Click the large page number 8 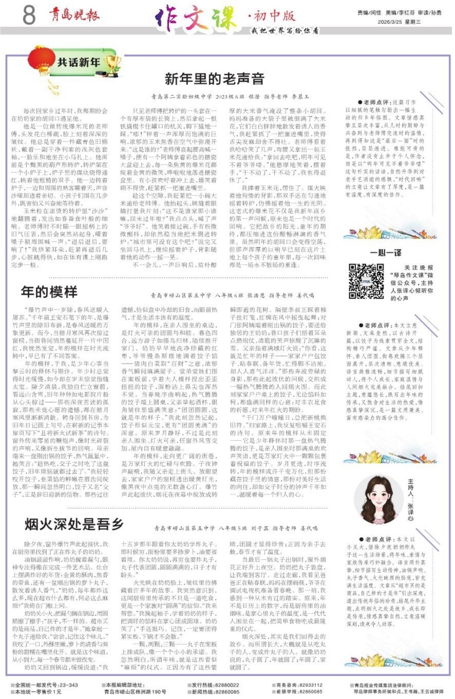[x=29, y=16]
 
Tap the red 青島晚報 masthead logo [x=75, y=16]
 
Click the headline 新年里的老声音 [x=215, y=79]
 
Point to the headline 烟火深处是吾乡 [x=74, y=524]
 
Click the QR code [x=366, y=281]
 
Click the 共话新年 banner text [x=79, y=63]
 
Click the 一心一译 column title [x=386, y=253]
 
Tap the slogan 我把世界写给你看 [x=285, y=31]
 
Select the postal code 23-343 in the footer [x=69, y=685]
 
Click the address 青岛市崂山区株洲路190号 [x=136, y=692]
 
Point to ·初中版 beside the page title [x=271, y=16]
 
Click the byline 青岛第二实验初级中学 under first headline [x=181, y=96]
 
